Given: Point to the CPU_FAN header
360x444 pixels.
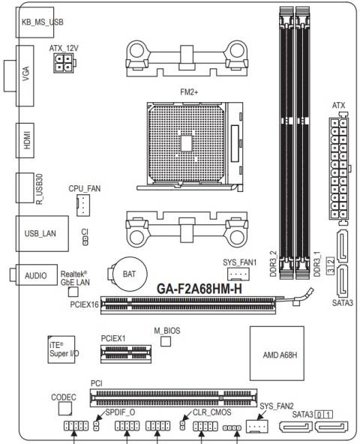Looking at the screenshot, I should [84, 206].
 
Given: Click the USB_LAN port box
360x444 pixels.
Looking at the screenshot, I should [42, 233].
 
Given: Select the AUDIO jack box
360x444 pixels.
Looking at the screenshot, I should [36, 275].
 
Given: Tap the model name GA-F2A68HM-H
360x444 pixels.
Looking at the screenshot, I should [203, 289].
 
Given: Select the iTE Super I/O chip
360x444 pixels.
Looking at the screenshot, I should [58, 351].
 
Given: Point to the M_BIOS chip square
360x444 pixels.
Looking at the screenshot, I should [166, 342].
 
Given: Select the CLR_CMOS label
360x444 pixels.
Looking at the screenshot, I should [211, 412].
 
